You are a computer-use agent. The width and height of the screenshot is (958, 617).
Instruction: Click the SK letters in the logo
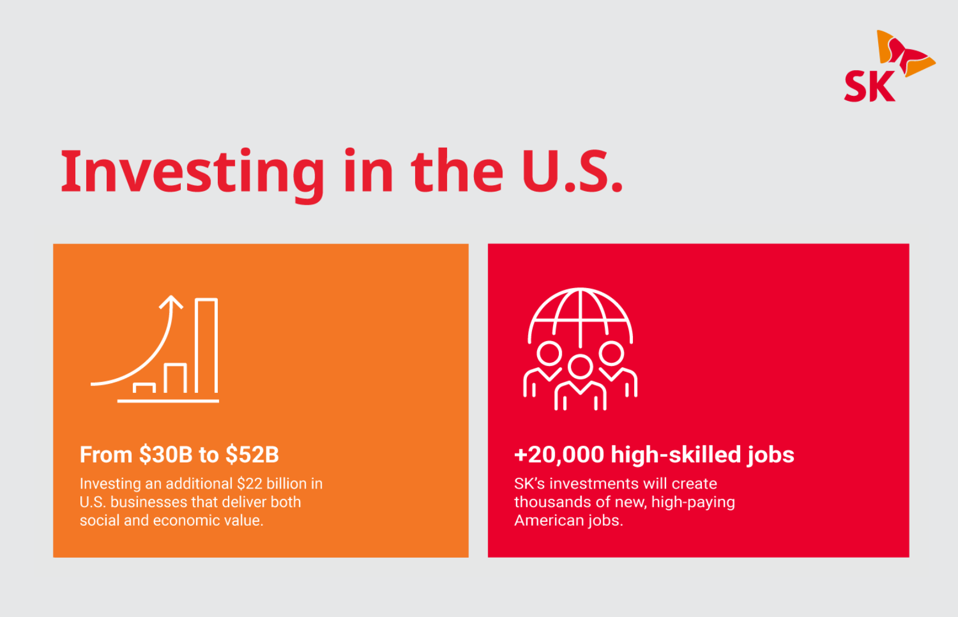(869, 87)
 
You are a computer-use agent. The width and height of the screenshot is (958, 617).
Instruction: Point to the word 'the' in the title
(457, 171)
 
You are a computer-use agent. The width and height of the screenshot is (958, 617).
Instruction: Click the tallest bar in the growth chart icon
(206, 346)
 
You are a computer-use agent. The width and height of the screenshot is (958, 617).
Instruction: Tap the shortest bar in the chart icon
(144, 388)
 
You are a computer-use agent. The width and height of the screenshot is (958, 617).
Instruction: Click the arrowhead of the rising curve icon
(171, 301)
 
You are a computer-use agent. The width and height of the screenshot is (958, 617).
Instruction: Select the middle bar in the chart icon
(175, 377)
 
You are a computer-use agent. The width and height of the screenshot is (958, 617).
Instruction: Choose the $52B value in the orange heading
(252, 455)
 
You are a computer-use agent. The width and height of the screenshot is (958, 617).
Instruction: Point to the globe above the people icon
(580, 316)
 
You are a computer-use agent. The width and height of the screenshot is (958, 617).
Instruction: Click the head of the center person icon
(580, 367)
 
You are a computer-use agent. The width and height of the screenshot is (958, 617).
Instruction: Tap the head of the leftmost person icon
(549, 354)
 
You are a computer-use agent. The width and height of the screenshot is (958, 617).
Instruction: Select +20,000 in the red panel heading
(559, 455)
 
